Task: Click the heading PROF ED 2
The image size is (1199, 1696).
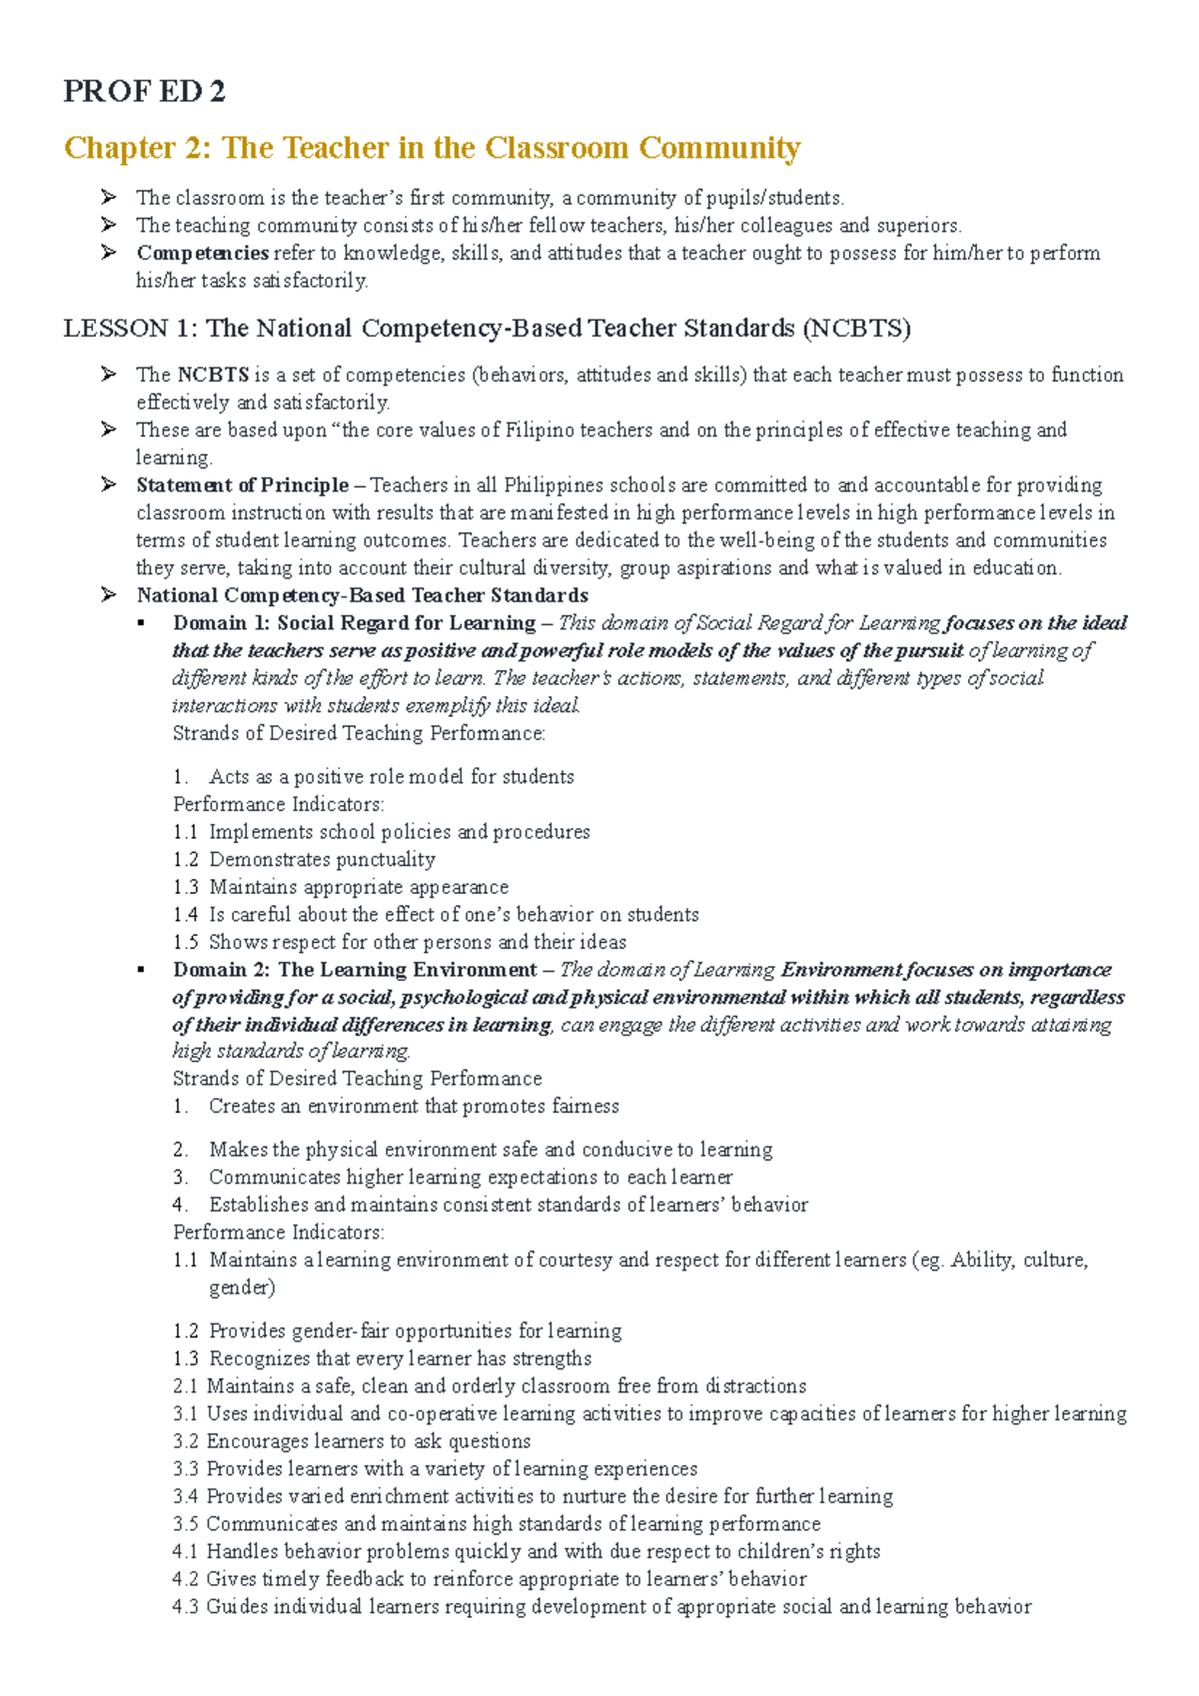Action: coord(144,92)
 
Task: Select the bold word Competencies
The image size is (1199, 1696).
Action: coord(202,254)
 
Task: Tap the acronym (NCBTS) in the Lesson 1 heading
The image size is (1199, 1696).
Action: coord(856,329)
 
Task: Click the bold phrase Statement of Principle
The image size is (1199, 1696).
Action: coord(243,485)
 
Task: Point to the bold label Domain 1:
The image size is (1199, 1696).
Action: coord(221,623)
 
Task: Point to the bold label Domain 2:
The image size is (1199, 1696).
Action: coord(221,970)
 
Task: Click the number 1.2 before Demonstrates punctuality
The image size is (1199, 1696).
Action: coord(186,860)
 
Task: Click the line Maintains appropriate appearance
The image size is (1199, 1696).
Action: coord(358,887)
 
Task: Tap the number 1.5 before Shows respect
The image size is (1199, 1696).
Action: coord(186,942)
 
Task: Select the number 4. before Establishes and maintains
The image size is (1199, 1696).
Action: coord(180,1205)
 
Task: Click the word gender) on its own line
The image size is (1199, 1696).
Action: coord(241,1287)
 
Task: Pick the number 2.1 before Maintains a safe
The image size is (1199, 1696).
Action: coord(185,1386)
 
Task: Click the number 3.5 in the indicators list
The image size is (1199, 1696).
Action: coord(185,1524)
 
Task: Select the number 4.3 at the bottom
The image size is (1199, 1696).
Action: coord(185,1607)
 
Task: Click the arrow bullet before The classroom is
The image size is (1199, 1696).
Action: coord(109,197)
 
